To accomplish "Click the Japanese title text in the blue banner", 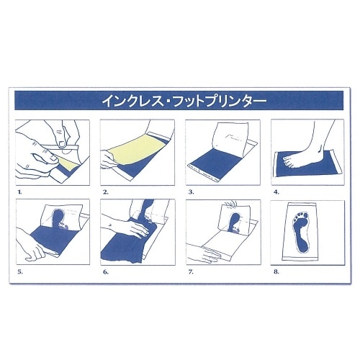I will pos(180,100).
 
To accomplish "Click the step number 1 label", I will pos(19,194).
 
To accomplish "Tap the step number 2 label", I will pos(105,194).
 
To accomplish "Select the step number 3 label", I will pos(189,194).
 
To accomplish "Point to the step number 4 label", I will pos(274,194).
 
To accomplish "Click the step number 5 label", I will pos(19,272).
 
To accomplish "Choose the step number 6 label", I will pos(105,272).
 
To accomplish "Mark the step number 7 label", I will pos(189,272).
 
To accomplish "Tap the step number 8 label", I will pos(274,272).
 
